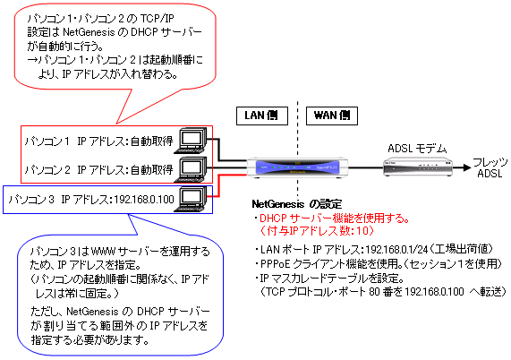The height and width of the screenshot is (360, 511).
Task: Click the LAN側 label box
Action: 262,116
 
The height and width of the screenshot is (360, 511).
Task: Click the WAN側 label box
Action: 332,116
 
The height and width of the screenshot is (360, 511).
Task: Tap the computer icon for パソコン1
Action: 191,141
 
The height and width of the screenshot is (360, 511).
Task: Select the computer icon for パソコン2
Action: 191,169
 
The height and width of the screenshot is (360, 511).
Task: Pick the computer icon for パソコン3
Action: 191,199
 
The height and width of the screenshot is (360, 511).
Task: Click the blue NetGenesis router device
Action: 297,167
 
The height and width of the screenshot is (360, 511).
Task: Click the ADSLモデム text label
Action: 417,149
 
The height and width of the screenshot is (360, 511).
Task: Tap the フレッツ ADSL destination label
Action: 490,167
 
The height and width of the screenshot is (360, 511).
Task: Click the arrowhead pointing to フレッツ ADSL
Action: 467,167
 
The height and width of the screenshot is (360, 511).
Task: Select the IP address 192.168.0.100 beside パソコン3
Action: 144,199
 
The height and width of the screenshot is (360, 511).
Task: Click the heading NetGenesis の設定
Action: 297,204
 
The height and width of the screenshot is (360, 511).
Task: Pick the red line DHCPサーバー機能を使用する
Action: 335,219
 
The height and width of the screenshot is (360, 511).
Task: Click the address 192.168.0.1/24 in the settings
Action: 396,250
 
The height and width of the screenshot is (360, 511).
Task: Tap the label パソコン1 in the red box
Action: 47,141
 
